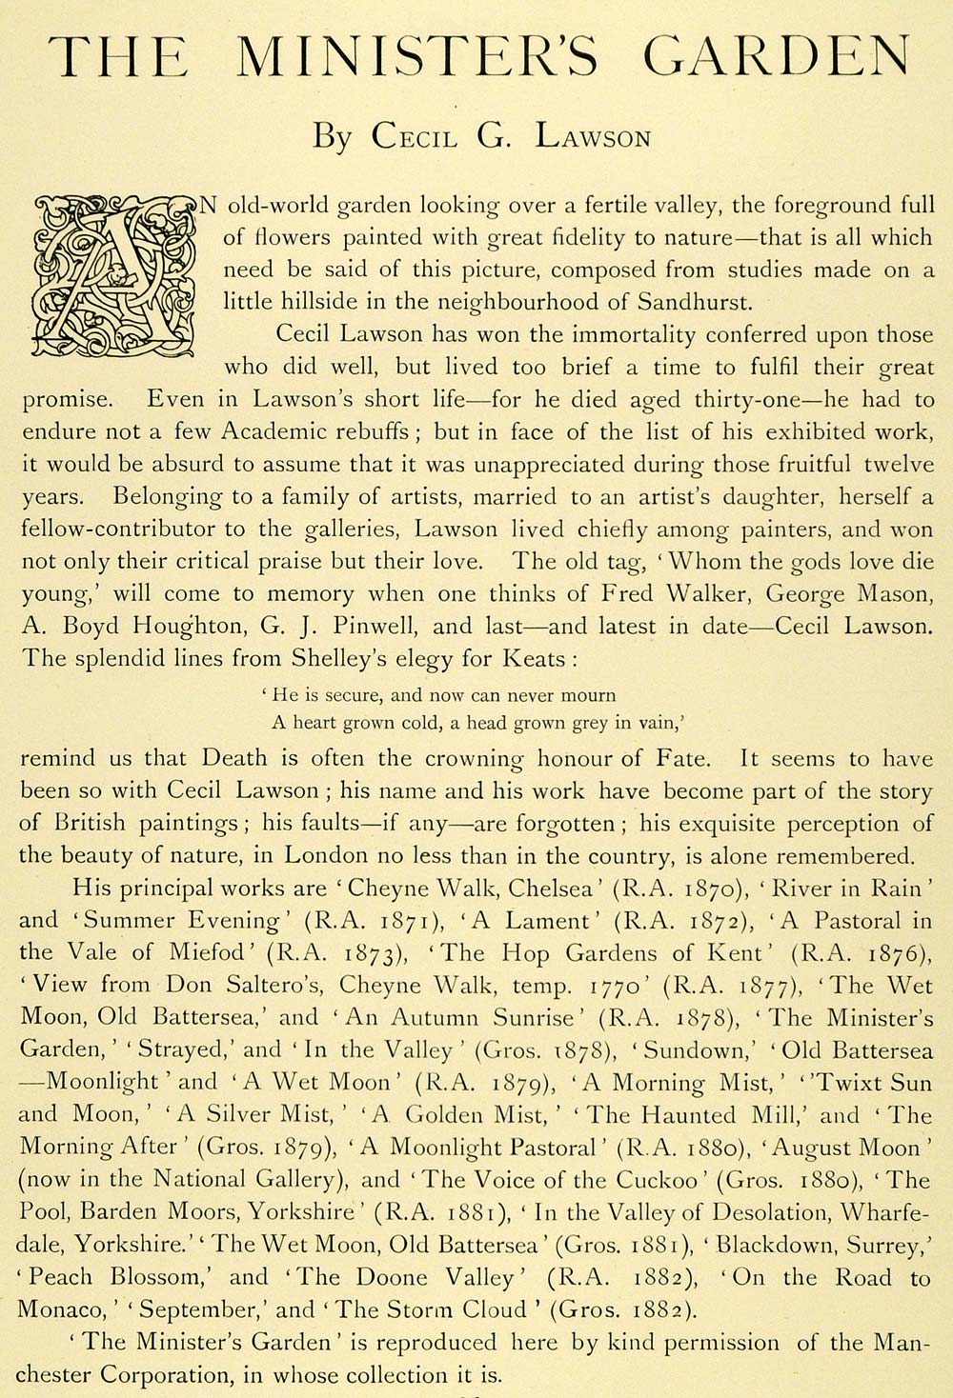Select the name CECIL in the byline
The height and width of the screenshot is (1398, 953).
[x=414, y=136]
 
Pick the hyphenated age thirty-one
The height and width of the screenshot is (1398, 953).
[x=714, y=400]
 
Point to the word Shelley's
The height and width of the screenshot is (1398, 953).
[x=327, y=659]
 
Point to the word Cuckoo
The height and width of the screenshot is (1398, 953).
[x=644, y=1180]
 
